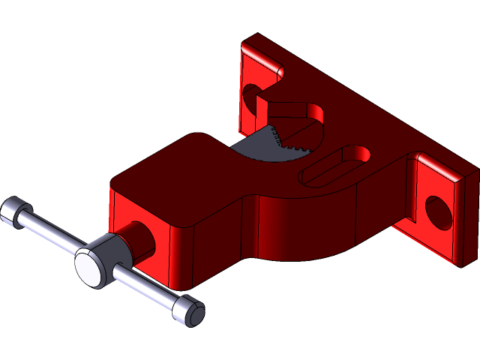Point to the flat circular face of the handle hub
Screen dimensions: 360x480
(x=89, y=268)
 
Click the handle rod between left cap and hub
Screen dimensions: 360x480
(x=49, y=232)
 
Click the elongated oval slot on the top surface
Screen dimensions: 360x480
(x=337, y=165)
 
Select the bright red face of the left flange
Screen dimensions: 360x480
(x=247, y=112)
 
